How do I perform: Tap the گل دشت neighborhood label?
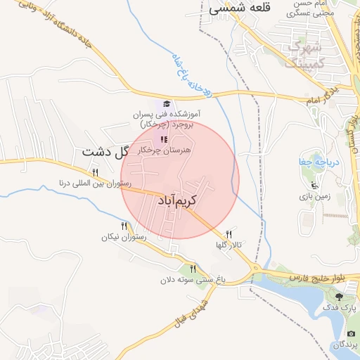pos(106,151)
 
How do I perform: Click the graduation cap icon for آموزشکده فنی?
pos(167,104)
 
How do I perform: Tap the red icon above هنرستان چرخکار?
pos(164,140)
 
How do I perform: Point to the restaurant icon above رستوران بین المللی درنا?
pos(95,172)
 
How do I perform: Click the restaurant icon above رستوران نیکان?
pos(124,226)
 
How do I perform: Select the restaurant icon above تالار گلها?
pos(229,234)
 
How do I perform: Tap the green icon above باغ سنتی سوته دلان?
pos(193,269)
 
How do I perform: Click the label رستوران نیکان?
pos(123,238)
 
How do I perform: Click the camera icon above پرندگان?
pos(351,333)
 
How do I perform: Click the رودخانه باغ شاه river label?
pos(188,75)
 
